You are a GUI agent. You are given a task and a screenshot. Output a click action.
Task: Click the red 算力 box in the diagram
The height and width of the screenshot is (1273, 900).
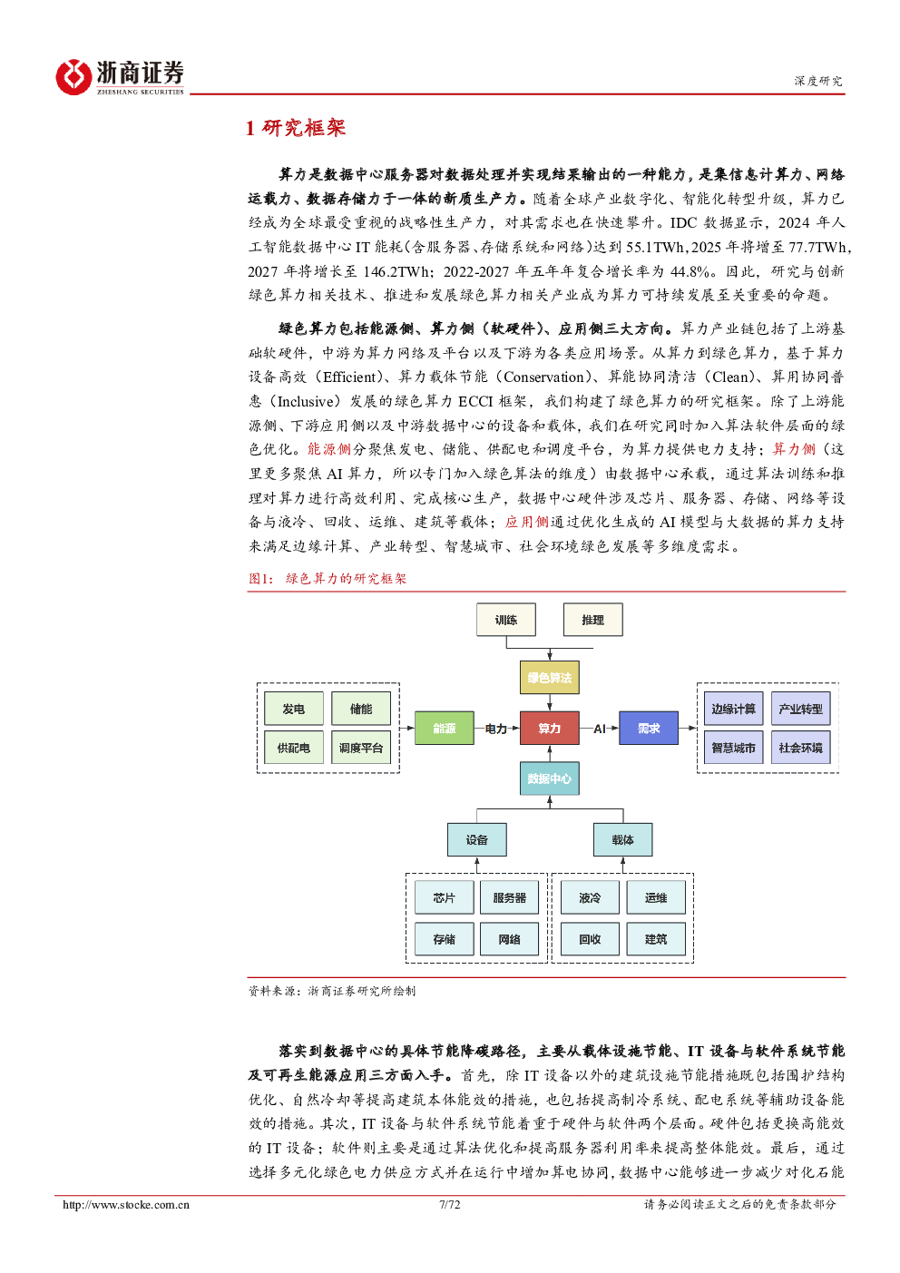click(x=549, y=728)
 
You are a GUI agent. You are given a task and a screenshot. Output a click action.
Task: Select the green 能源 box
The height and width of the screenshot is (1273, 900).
click(x=444, y=728)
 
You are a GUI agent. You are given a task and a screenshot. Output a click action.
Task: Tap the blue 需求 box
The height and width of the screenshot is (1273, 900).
click(x=648, y=728)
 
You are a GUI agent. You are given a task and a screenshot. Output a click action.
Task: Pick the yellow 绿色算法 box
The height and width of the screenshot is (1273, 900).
click(x=549, y=677)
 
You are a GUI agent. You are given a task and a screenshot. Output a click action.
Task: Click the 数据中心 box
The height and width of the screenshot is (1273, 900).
click(x=549, y=778)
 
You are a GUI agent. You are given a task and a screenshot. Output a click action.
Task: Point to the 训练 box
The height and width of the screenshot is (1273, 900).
click(x=505, y=620)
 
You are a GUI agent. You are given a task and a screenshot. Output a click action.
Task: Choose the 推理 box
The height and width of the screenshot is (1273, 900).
click(x=592, y=620)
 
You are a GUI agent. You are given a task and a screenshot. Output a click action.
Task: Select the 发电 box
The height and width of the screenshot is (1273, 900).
click(x=293, y=709)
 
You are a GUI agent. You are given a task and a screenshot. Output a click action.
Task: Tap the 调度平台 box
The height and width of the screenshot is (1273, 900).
click(x=360, y=748)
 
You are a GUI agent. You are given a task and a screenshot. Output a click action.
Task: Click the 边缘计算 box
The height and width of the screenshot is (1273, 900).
click(x=733, y=709)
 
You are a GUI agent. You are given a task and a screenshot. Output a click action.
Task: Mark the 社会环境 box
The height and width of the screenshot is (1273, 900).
click(x=800, y=748)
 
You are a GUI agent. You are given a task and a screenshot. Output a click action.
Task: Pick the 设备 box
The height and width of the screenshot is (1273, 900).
click(x=476, y=839)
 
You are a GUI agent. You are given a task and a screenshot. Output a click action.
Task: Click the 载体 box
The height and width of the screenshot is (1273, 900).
click(x=622, y=839)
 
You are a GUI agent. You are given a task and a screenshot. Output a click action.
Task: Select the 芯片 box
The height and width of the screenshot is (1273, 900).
click(x=444, y=897)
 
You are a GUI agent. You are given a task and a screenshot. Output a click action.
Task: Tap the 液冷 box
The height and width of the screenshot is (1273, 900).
click(x=590, y=897)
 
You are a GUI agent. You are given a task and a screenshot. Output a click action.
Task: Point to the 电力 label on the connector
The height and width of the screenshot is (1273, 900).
click(x=495, y=729)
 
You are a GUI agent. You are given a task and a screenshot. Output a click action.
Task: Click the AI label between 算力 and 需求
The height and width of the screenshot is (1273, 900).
click(x=599, y=729)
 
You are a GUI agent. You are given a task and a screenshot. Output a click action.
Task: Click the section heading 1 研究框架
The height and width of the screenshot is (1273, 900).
click(x=295, y=128)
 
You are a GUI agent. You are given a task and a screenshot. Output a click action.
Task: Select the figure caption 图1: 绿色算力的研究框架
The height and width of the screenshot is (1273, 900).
click(x=328, y=579)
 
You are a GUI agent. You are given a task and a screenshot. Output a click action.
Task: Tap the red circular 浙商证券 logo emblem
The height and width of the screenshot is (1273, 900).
click(x=73, y=77)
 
